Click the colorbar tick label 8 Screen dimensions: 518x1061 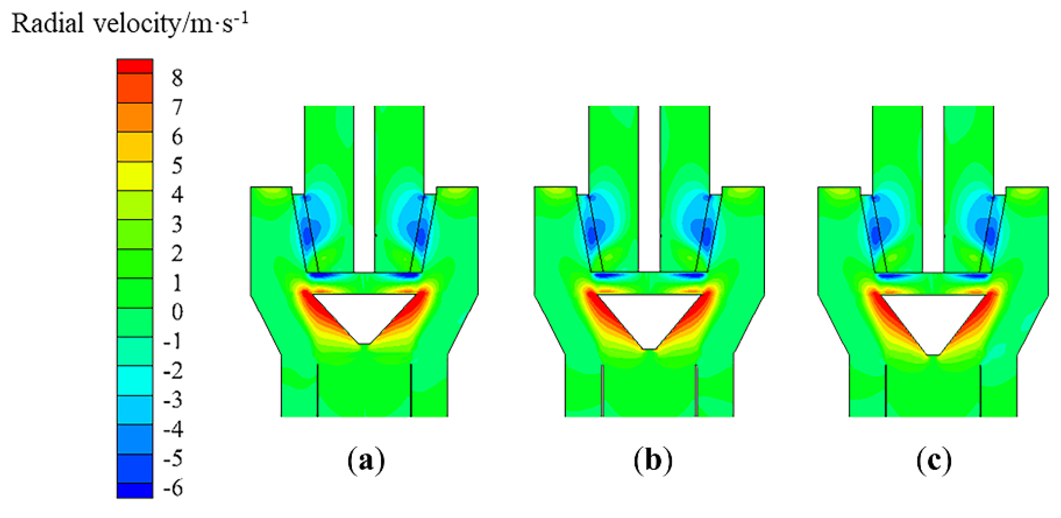(x=177, y=78)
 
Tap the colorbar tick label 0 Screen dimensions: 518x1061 (x=177, y=312)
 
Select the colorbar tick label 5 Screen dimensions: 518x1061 (x=177, y=166)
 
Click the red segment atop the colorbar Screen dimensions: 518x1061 (x=135, y=67)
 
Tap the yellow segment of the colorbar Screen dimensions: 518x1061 (x=135, y=176)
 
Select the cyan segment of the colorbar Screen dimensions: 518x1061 (x=135, y=380)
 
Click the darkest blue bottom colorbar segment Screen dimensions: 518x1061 (x=135, y=491)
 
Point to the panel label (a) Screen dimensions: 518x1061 (x=366, y=461)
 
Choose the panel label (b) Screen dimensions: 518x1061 (x=653, y=461)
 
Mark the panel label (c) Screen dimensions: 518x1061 (x=934, y=461)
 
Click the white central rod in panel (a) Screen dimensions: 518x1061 (x=364, y=188)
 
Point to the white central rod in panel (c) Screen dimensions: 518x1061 (x=933, y=188)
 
